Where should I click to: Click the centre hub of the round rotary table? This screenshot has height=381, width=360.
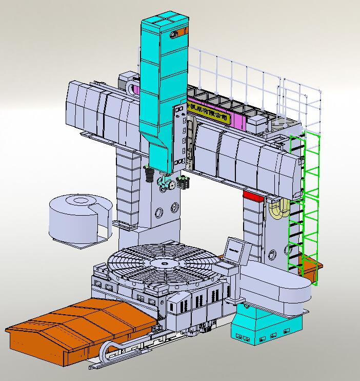(x=164, y=264)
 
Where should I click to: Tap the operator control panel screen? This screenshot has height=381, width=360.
(x=233, y=250)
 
